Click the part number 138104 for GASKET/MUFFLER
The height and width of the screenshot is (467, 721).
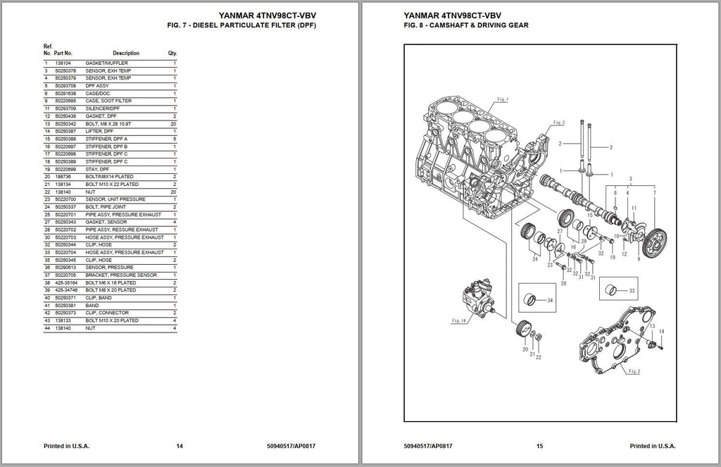coord(62,63)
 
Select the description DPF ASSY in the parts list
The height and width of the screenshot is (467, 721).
coord(97,86)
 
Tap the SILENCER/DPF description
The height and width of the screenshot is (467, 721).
coord(103,108)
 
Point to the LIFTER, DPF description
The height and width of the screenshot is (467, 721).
coord(99,131)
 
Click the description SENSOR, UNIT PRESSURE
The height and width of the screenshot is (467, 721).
coord(111,199)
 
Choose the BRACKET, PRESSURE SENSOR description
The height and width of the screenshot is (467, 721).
coord(121,275)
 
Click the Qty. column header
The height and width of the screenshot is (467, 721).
coord(173,54)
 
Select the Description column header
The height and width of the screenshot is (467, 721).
coord(126,54)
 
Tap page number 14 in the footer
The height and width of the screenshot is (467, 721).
coord(180,446)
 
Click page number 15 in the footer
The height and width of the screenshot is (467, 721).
coord(540,446)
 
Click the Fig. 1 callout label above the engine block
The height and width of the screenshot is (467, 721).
coord(502,99)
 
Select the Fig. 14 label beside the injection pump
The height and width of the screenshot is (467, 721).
coord(459,320)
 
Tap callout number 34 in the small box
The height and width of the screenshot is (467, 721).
coord(550,301)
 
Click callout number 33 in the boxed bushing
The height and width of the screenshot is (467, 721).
coord(632,291)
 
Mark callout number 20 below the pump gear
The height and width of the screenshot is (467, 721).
coord(525,349)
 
